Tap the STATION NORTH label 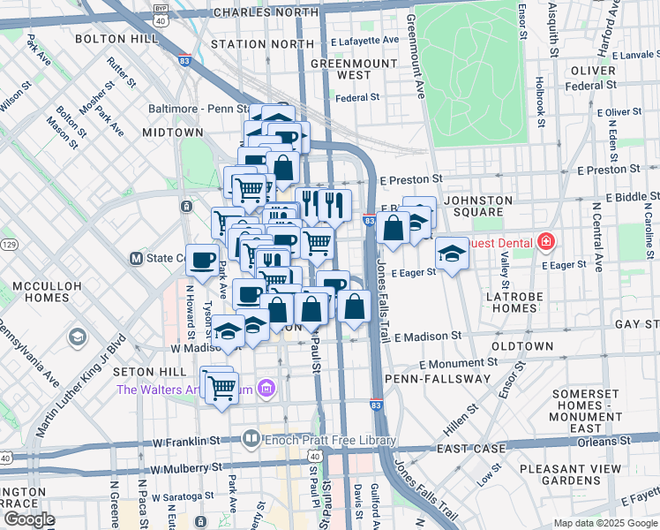262,43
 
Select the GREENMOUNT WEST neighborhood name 340,69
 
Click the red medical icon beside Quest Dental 546,241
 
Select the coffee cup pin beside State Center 202,260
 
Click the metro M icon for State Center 136,259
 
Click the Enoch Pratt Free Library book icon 251,438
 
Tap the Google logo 29,519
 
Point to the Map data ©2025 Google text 604,523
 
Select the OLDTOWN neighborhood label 522,345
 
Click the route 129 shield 7,243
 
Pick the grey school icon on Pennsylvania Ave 78,337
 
